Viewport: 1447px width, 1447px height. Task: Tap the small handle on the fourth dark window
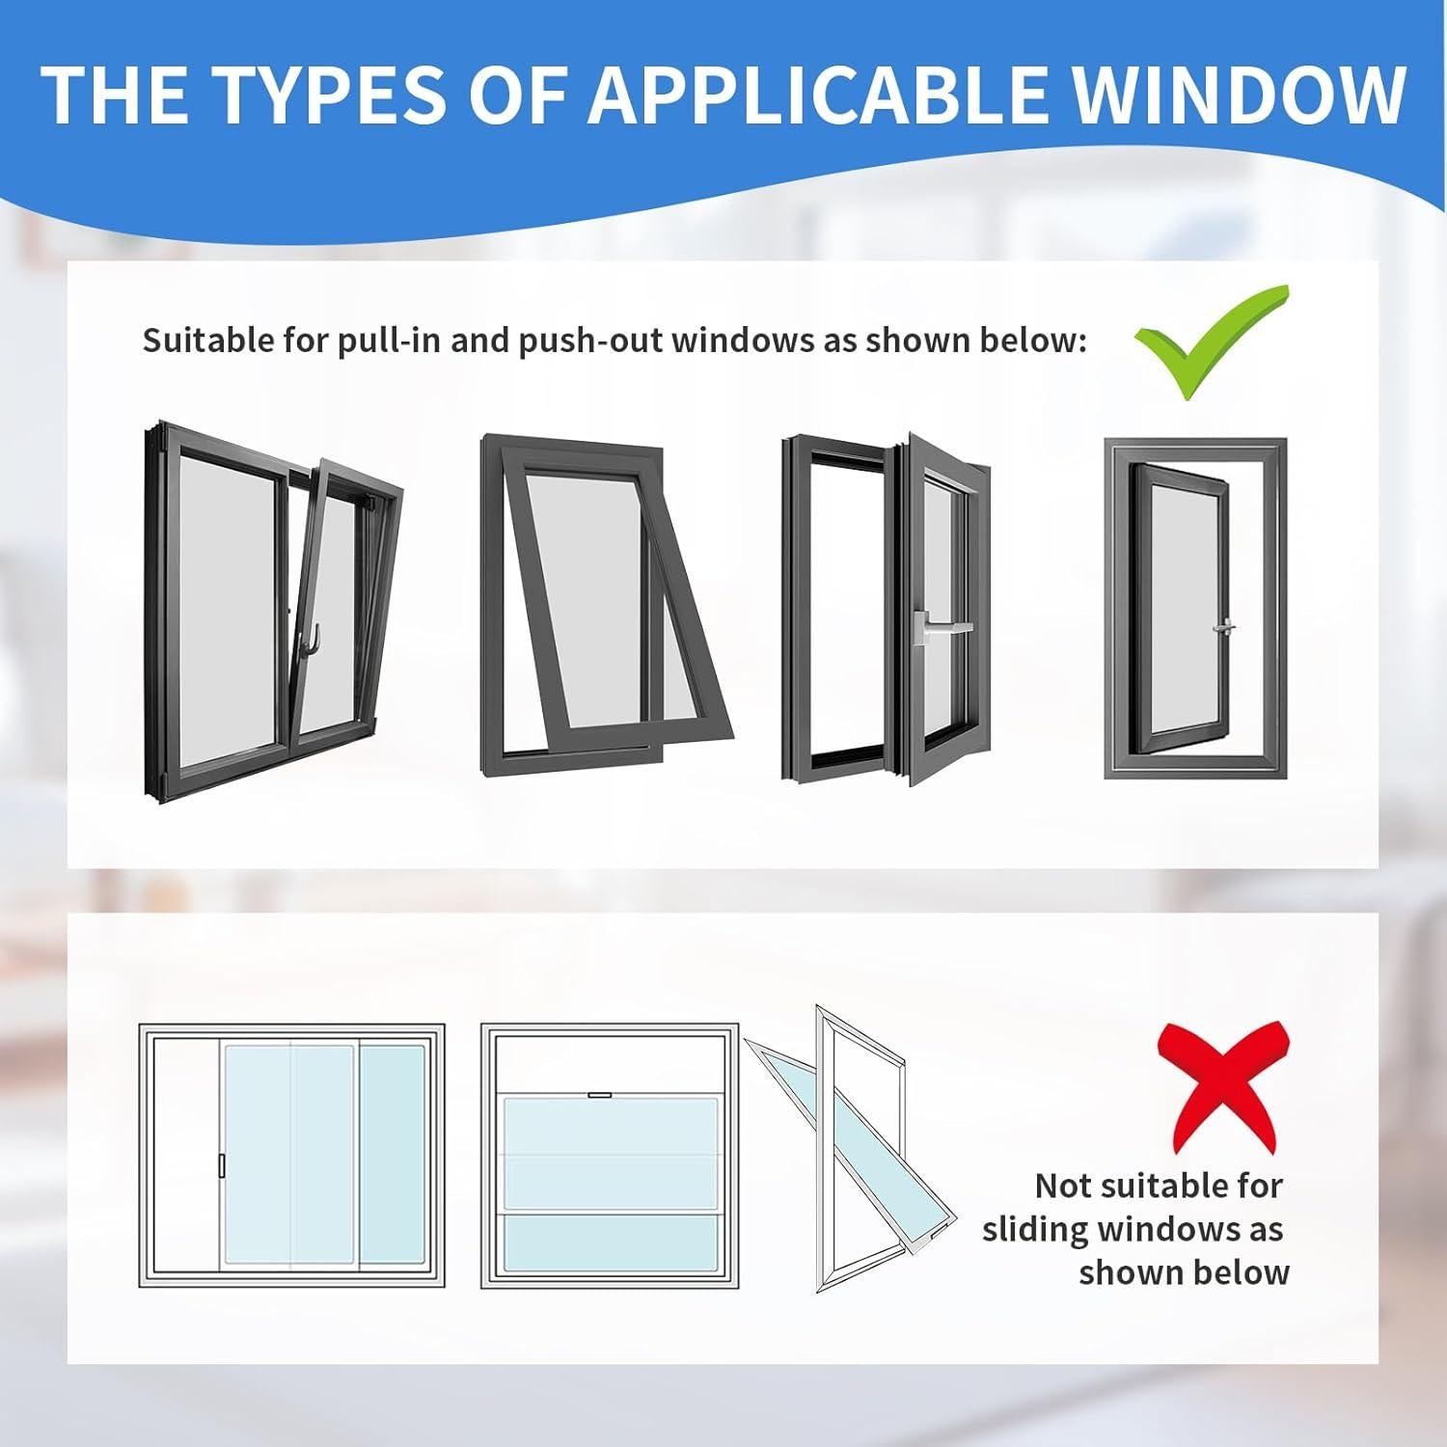(1224, 627)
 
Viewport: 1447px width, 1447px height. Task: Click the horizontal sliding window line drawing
(292, 1157)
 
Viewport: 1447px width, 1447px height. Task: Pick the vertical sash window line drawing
(610, 1157)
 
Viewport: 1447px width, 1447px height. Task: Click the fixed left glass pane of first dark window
(227, 608)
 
